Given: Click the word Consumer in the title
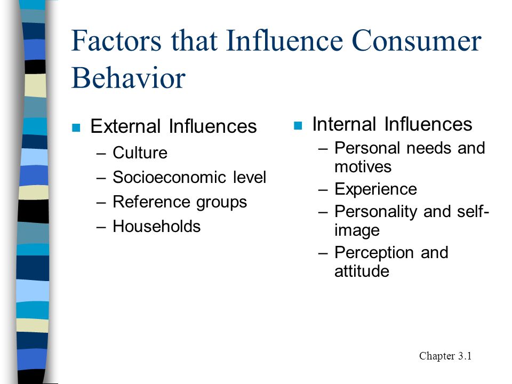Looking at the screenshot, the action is pos(417,41).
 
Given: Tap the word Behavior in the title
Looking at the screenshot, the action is pos(129,78).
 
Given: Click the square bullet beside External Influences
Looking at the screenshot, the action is pos(76,127).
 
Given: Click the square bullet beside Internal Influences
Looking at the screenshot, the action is pos(298,125).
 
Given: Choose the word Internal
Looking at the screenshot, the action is pos(344,124).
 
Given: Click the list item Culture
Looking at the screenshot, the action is pos(140,153).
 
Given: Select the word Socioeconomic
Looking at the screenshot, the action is pos(170,177).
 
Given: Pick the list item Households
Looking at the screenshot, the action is pos(157,226).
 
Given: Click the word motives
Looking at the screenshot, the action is pos(363,167).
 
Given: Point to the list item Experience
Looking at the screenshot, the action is pos(376,189).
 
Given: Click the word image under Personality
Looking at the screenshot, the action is pos(357,230).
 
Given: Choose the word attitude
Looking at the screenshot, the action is pos(362,271).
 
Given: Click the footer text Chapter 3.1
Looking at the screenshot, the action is pos(445,356).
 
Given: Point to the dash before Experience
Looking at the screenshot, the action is pos(323,190).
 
